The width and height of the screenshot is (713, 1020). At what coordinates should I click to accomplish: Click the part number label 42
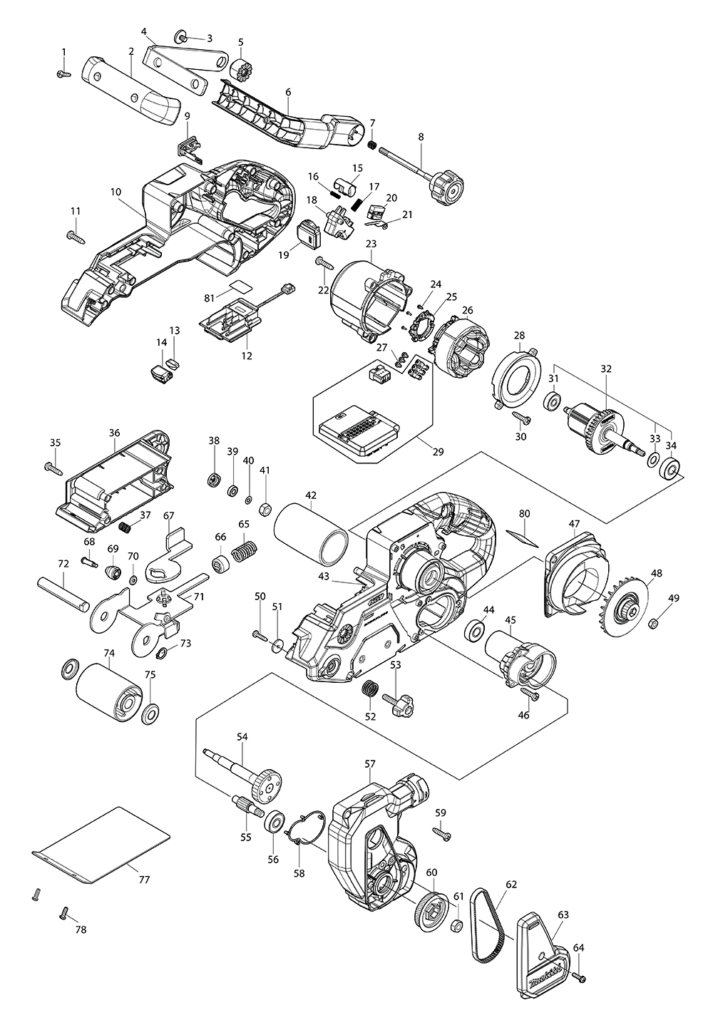click(x=311, y=495)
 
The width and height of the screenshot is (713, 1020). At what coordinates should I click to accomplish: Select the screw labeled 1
click(x=63, y=73)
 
